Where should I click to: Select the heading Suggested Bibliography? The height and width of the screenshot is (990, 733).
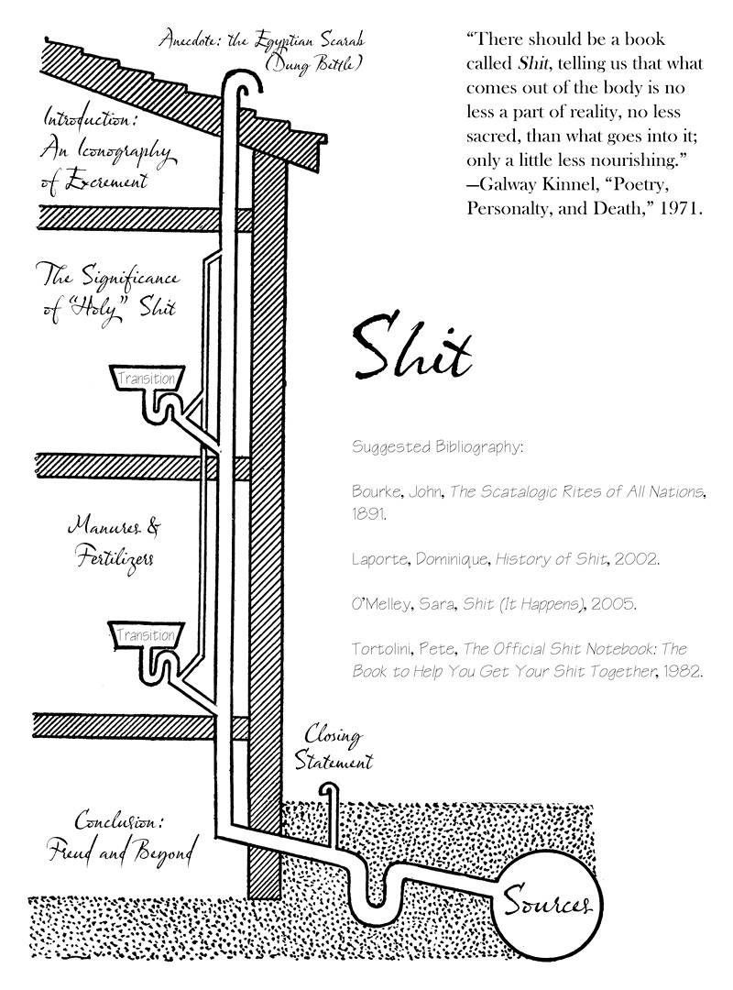[437, 448]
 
